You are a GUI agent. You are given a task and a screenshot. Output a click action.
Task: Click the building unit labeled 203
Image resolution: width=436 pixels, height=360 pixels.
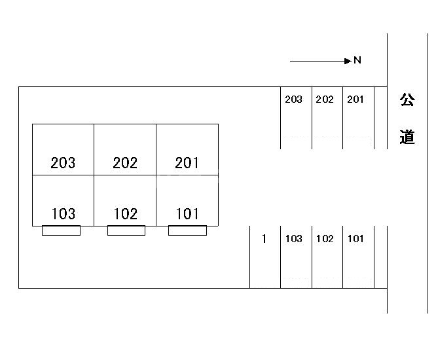point(63,149)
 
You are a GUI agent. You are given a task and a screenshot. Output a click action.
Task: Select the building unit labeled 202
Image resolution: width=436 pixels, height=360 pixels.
point(125,149)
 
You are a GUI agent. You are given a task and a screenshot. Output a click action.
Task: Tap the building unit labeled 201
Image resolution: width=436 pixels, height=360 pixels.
point(187,149)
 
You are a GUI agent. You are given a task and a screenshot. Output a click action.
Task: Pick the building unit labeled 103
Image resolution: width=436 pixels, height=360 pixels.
point(63,200)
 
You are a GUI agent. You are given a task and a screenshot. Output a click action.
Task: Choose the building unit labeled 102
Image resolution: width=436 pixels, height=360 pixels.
point(125,200)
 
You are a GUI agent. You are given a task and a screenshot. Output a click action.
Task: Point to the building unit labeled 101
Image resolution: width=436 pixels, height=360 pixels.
point(187,200)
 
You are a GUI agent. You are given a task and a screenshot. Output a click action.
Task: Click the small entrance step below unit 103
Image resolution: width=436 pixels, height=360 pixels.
point(61,230)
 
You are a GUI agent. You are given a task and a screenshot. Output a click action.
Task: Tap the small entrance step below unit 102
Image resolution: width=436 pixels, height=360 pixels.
point(126,230)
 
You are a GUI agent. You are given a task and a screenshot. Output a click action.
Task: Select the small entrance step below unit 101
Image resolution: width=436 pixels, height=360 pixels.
point(187,230)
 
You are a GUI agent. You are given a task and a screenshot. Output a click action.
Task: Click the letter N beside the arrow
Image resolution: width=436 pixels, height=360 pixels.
point(357,60)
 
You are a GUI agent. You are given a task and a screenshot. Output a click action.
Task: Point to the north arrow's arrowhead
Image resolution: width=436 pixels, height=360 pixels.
point(348,61)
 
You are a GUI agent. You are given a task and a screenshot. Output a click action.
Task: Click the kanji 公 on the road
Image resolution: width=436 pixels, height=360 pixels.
point(407,99)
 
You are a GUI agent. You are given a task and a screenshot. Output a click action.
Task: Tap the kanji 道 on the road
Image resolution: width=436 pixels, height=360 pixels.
point(407,137)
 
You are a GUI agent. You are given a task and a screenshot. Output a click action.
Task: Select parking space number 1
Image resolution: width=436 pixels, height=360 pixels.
point(265,257)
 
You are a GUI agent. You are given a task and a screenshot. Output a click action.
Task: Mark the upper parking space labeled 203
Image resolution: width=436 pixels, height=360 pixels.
point(296,118)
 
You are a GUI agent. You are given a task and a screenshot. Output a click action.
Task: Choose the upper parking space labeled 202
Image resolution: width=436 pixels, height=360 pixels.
point(327,118)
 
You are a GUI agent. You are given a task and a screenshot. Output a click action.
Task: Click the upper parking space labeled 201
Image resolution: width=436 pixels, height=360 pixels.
point(358,118)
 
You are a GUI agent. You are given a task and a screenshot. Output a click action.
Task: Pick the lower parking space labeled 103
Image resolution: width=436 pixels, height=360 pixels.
point(296,257)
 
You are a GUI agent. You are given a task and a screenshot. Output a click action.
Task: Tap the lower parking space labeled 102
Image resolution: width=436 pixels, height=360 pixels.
point(327,257)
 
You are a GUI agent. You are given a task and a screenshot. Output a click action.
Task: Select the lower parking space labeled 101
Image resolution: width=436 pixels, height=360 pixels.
point(358,257)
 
